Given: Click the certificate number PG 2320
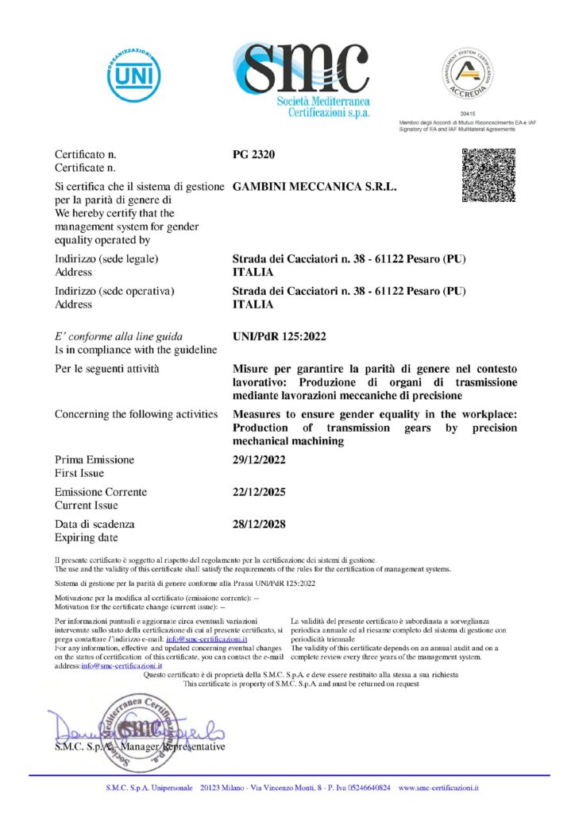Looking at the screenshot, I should tap(253, 153).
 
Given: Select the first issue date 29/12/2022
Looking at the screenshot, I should tap(259, 460).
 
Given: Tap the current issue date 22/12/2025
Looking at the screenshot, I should tap(259, 492).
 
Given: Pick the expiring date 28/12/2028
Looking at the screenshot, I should tap(259, 525).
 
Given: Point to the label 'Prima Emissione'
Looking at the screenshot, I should tap(95, 460).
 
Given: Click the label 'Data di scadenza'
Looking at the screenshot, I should tap(95, 525).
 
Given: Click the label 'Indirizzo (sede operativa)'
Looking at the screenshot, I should tap(114, 291).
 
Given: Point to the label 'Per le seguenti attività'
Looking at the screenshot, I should tap(106, 370).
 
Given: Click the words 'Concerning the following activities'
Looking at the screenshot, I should tap(136, 414).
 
